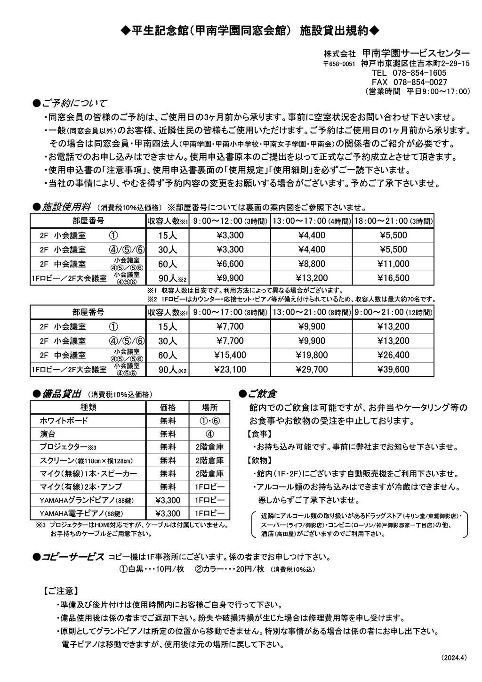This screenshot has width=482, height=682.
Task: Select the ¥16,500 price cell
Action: pyautogui.click(x=393, y=278)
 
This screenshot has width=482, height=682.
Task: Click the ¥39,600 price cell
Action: pyautogui.click(x=393, y=370)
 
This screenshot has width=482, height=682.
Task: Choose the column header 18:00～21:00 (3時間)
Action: pyautogui.click(x=393, y=220)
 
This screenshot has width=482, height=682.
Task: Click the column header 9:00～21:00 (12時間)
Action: pyautogui.click(x=393, y=312)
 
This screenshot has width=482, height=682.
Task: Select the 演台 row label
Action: pyautogui.click(x=48, y=434)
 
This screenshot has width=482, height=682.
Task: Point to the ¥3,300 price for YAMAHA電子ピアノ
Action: pyautogui.click(x=168, y=513)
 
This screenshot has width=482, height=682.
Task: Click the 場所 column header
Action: pyautogui.click(x=209, y=407)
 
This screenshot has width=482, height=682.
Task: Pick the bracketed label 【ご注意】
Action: pyautogui.click(x=61, y=590)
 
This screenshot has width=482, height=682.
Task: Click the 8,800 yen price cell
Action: pyautogui.click(x=311, y=264)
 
